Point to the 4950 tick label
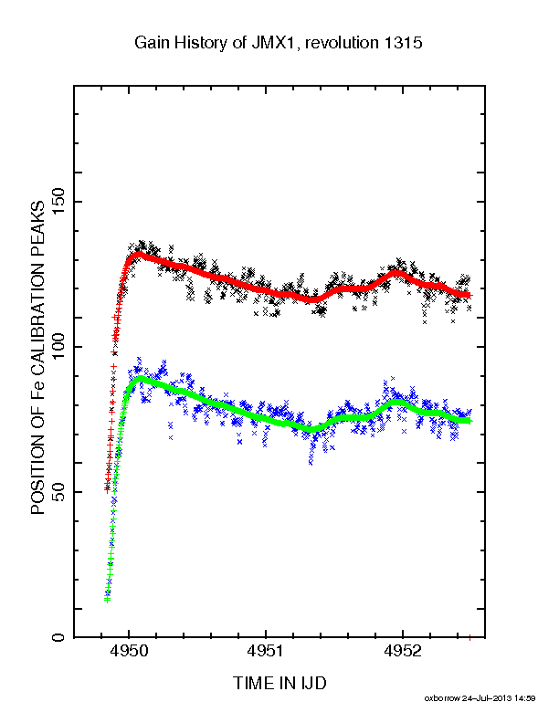[129, 651]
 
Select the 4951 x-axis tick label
[266, 651]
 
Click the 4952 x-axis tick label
[403, 651]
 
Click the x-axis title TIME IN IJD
[279, 683]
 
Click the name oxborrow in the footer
[442, 698]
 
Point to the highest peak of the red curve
[138, 254]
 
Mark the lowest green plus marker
[108, 600]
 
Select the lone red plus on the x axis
[469, 638]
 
